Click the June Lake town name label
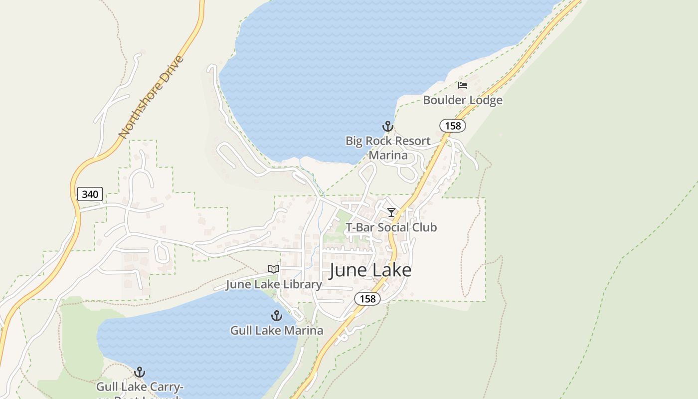[x=370, y=270]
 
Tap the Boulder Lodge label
[x=462, y=100]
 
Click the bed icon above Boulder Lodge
[x=463, y=85]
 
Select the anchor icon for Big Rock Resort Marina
[x=388, y=126]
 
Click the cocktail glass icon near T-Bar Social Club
[x=391, y=212]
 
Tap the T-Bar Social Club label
[x=391, y=227]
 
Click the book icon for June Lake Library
[x=274, y=269]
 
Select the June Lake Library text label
[x=274, y=284]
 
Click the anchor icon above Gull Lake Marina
[x=276, y=316]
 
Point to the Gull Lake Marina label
[x=276, y=330]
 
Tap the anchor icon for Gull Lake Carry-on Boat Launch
[x=140, y=372]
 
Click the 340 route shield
[x=90, y=194]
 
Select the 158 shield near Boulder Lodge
[x=453, y=126]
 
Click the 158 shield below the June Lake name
[x=367, y=299]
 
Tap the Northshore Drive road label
[x=151, y=98]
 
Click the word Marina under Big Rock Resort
[x=388, y=155]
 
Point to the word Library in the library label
[x=303, y=284]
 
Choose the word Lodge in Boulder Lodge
[x=484, y=100]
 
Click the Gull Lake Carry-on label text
[x=140, y=387]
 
